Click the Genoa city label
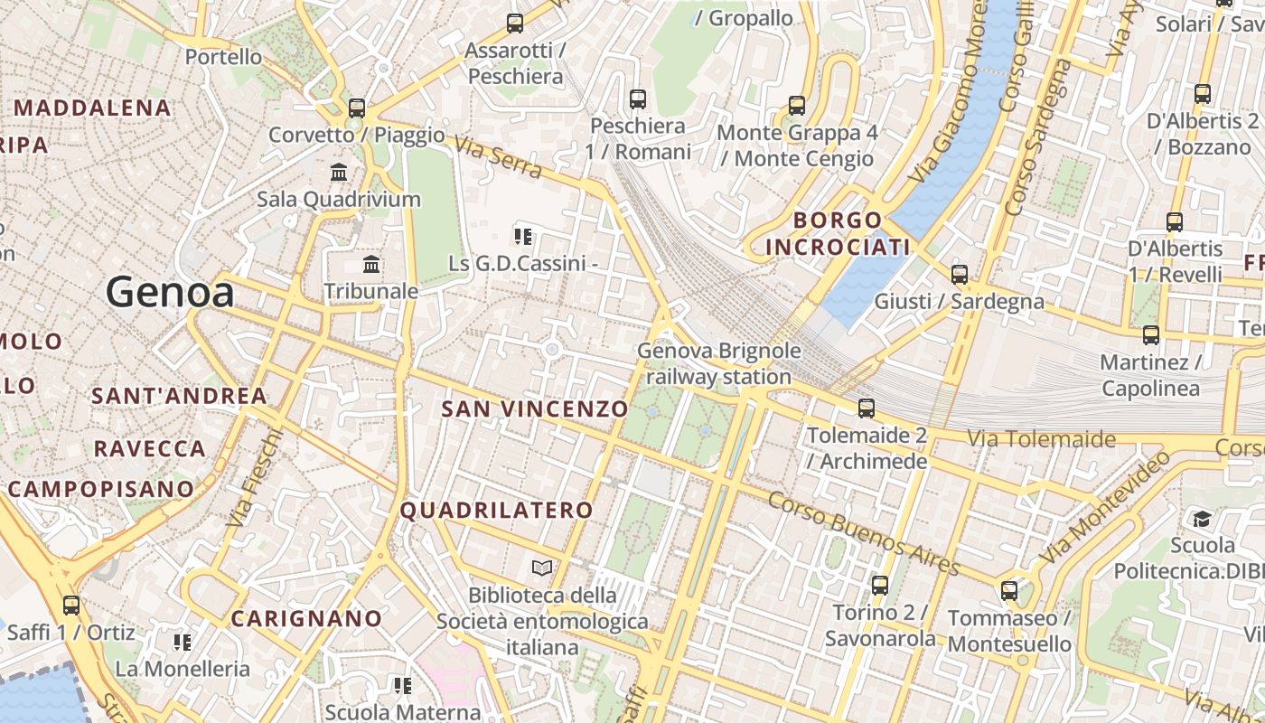click(x=170, y=292)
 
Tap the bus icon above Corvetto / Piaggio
click(x=357, y=108)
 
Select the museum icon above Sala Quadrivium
click(x=339, y=172)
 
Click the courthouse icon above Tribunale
click(x=371, y=265)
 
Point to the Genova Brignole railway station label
click(x=719, y=363)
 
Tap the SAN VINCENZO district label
click(x=534, y=408)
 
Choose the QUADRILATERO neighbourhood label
click(x=496, y=511)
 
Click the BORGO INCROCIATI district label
click(x=838, y=233)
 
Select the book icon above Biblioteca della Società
click(x=542, y=568)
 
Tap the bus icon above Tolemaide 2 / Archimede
click(x=867, y=408)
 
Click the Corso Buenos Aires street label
click(x=864, y=534)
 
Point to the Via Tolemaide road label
click(x=1042, y=439)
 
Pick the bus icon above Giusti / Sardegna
click(x=960, y=275)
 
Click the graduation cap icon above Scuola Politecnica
click(x=1202, y=519)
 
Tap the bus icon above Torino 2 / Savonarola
click(x=880, y=586)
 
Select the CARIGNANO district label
click(x=306, y=619)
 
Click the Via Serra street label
click(x=498, y=157)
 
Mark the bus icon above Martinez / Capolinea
click(x=1151, y=335)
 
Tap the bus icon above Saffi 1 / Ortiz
click(x=71, y=606)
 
